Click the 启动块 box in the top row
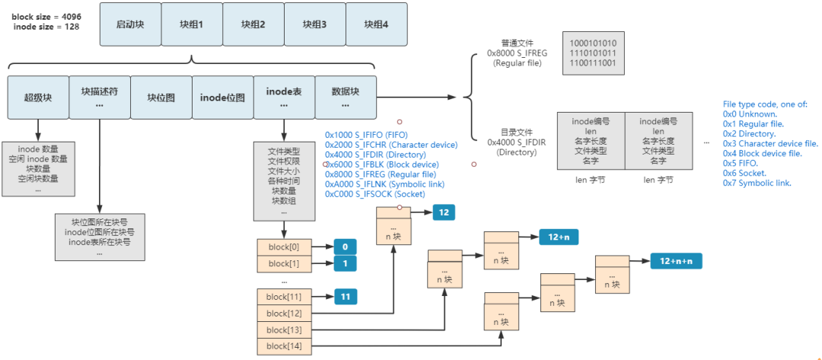[130, 24]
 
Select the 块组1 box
[191, 24]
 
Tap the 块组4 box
[376, 24]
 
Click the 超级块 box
[37, 97]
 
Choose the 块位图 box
[161, 97]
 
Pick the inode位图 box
[222, 97]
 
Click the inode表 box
[284, 97]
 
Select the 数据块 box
[346, 97]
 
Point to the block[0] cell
[284, 247]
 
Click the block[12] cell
[284, 313]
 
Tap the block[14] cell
[284, 346]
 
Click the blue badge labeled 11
[345, 297]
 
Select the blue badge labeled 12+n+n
[676, 261]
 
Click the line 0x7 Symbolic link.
[757, 183]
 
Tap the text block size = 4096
[45, 15]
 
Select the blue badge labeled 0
[345, 247]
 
